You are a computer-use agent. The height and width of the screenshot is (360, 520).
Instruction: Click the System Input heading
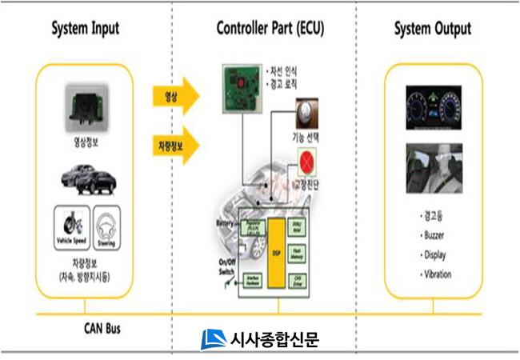click(x=85, y=30)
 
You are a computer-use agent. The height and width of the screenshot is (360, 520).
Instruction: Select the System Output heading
click(x=432, y=30)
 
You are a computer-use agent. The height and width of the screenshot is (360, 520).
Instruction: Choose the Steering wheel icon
click(x=106, y=223)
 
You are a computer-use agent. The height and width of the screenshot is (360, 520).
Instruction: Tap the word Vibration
click(x=434, y=274)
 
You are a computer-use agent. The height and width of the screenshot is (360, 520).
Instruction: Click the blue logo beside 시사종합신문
click(x=213, y=339)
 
